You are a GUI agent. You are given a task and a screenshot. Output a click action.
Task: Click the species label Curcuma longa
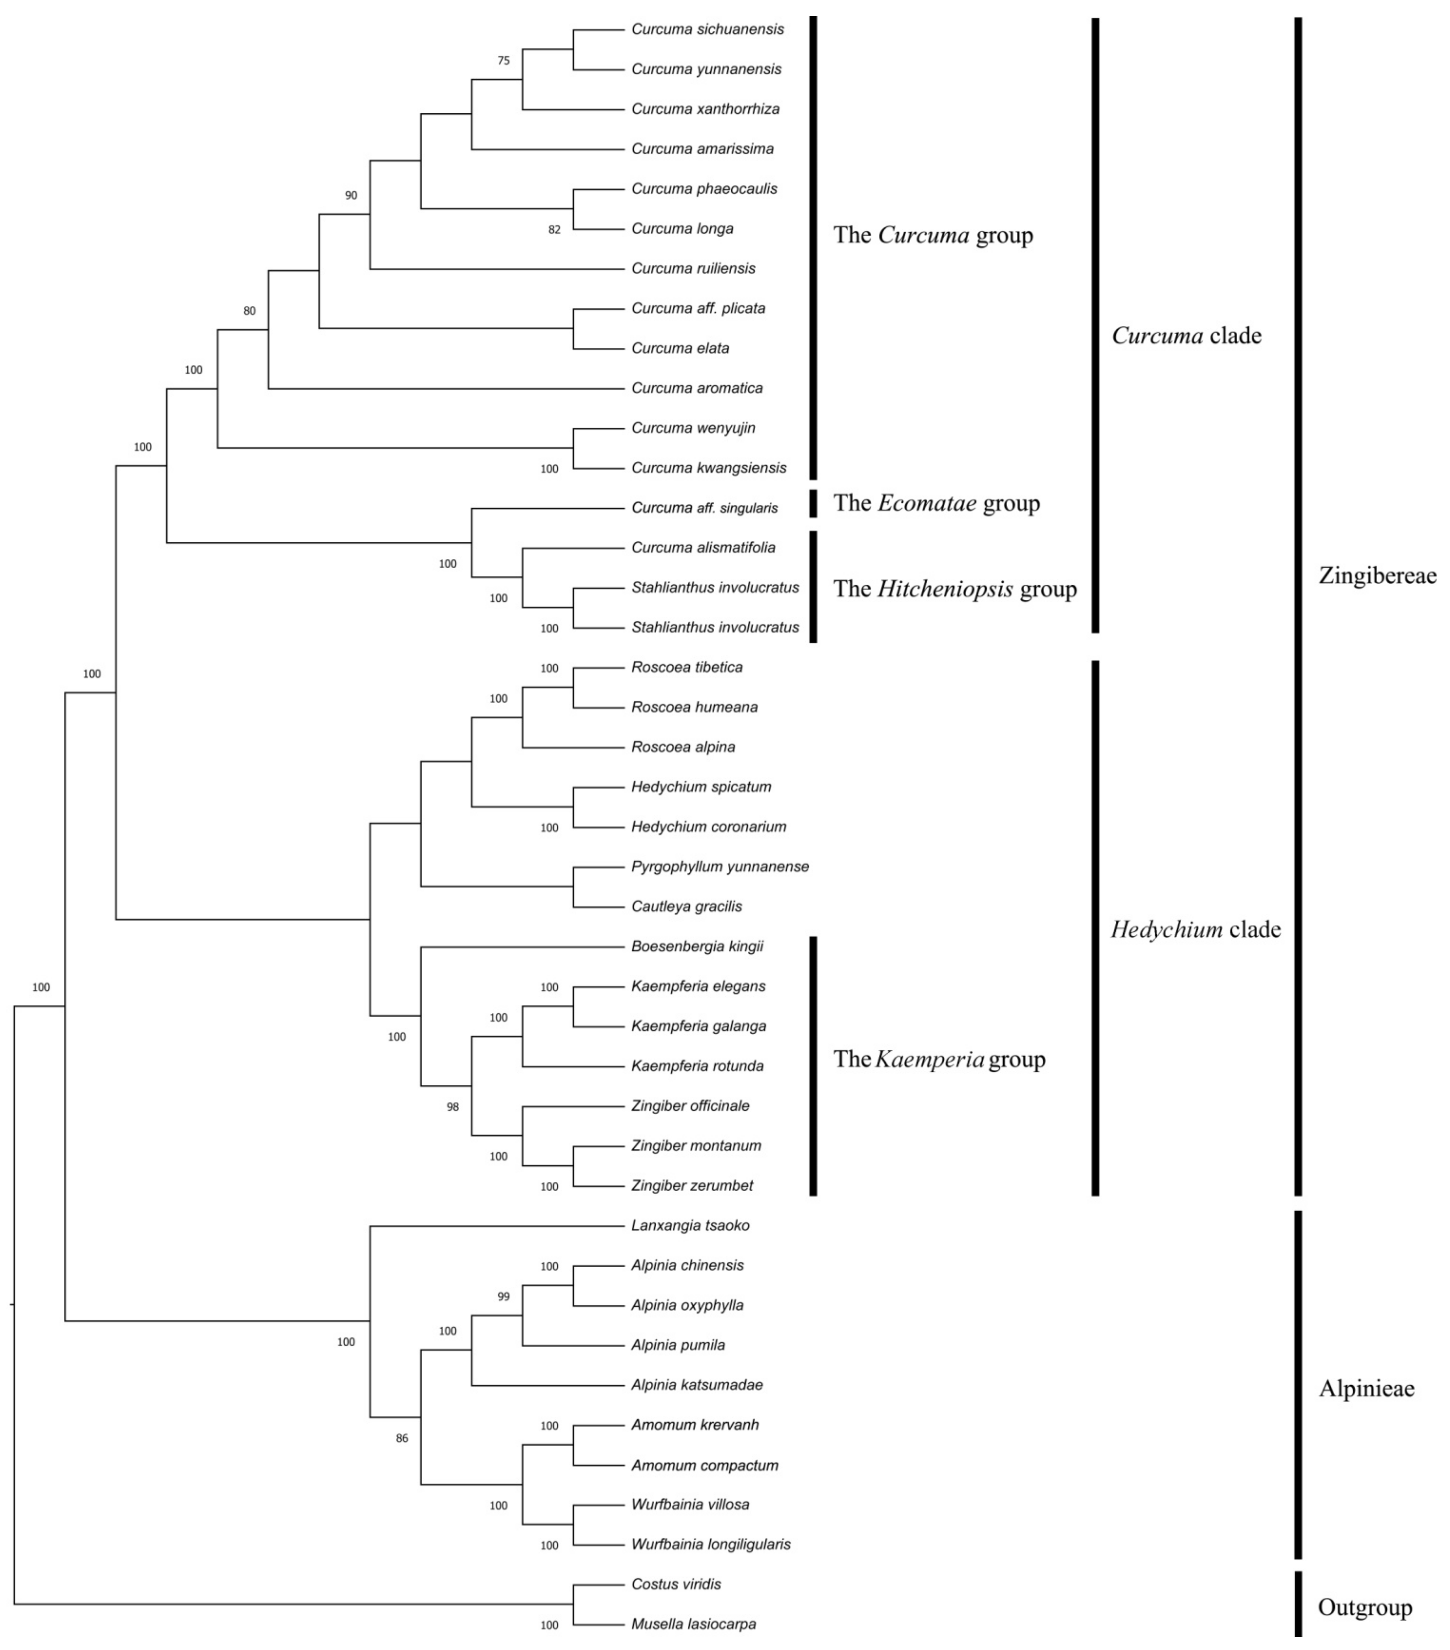click(682, 228)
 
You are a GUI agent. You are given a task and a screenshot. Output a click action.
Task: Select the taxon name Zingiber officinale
click(690, 1106)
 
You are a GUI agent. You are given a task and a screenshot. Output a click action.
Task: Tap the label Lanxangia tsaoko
click(690, 1225)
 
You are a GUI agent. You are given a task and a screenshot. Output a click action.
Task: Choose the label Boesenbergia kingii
click(697, 946)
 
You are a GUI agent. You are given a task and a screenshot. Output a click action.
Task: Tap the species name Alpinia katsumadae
click(696, 1385)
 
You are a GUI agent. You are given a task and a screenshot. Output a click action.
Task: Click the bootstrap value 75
click(504, 61)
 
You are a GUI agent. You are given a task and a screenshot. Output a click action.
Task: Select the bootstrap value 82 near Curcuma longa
click(554, 229)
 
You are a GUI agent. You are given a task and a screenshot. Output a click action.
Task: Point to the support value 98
click(453, 1107)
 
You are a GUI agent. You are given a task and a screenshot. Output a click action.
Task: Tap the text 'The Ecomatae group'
click(936, 503)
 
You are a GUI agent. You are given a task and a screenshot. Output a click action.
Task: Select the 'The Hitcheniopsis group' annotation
click(954, 589)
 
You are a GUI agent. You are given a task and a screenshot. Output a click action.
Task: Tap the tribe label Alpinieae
click(1366, 1388)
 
